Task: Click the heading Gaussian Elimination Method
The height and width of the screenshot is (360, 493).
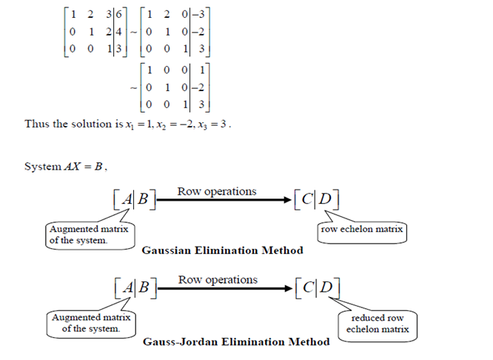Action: [x=222, y=250]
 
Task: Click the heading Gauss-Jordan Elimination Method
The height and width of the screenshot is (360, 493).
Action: [x=237, y=341]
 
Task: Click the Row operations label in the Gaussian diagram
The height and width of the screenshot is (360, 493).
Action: [x=217, y=191]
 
